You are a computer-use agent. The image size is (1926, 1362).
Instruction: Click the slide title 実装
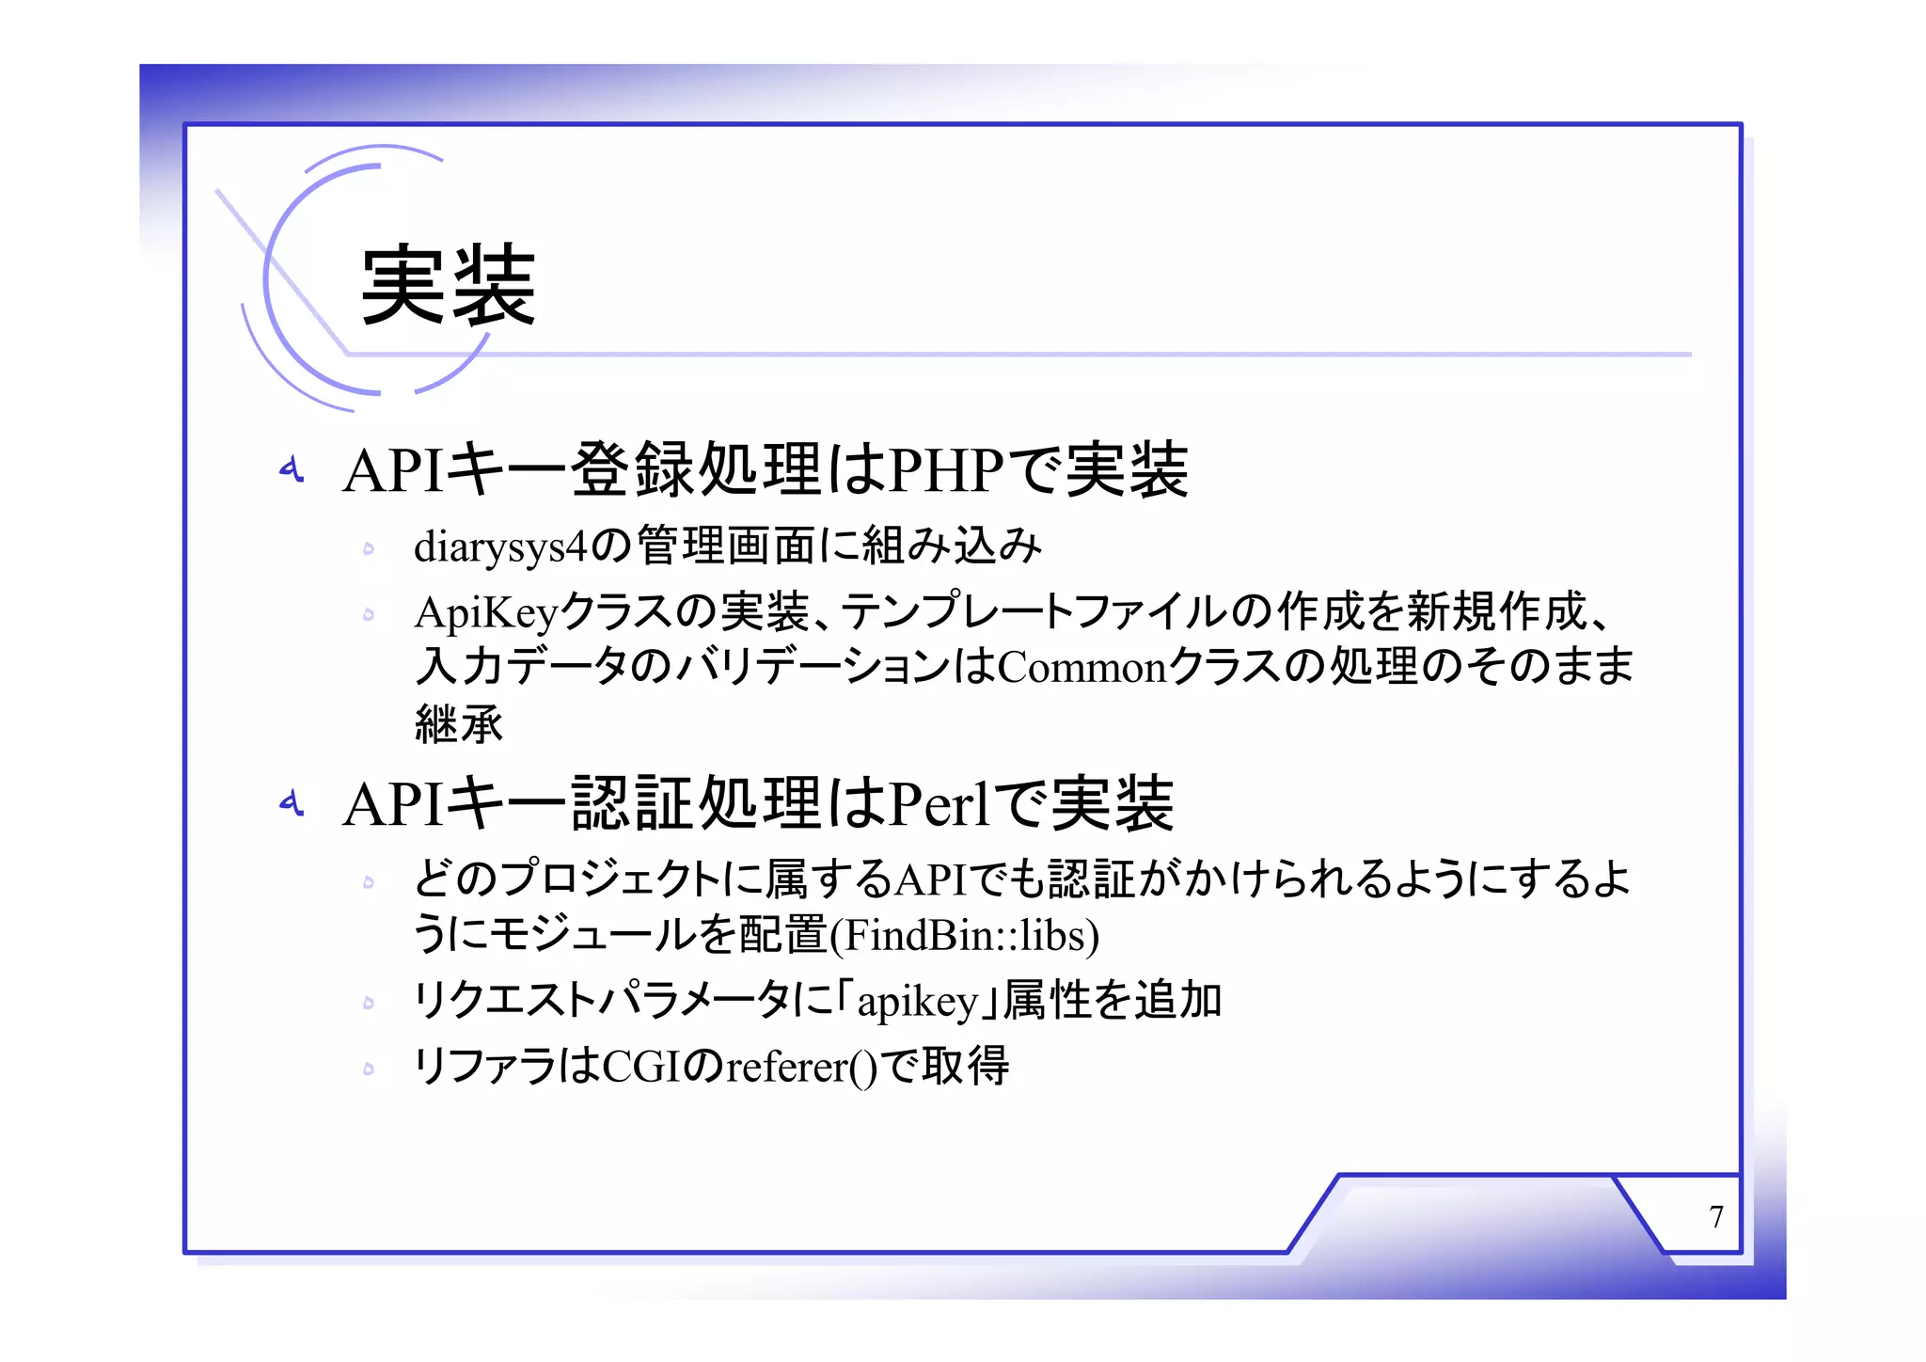click(x=448, y=284)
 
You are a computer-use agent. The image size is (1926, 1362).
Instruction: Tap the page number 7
click(x=1715, y=1216)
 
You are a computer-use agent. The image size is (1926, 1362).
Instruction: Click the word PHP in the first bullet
click(x=946, y=469)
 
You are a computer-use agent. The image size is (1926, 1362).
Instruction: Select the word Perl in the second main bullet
click(x=939, y=804)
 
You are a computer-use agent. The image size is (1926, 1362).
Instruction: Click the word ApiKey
click(x=486, y=613)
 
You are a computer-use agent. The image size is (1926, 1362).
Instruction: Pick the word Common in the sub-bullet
click(x=1081, y=668)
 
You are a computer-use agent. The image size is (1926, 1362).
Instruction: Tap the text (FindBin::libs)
click(x=964, y=935)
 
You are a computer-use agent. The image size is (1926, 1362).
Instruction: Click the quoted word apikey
click(x=918, y=1001)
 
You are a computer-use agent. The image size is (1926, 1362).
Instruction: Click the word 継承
click(x=459, y=723)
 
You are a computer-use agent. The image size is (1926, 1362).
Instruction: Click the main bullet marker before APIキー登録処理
click(x=292, y=468)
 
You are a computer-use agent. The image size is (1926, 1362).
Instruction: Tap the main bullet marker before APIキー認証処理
click(x=292, y=802)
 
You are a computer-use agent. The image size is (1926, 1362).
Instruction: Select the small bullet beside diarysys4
click(x=369, y=548)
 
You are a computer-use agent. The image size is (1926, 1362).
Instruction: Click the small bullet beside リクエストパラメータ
click(x=369, y=1003)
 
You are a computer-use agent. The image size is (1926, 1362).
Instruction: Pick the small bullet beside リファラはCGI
click(x=369, y=1069)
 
